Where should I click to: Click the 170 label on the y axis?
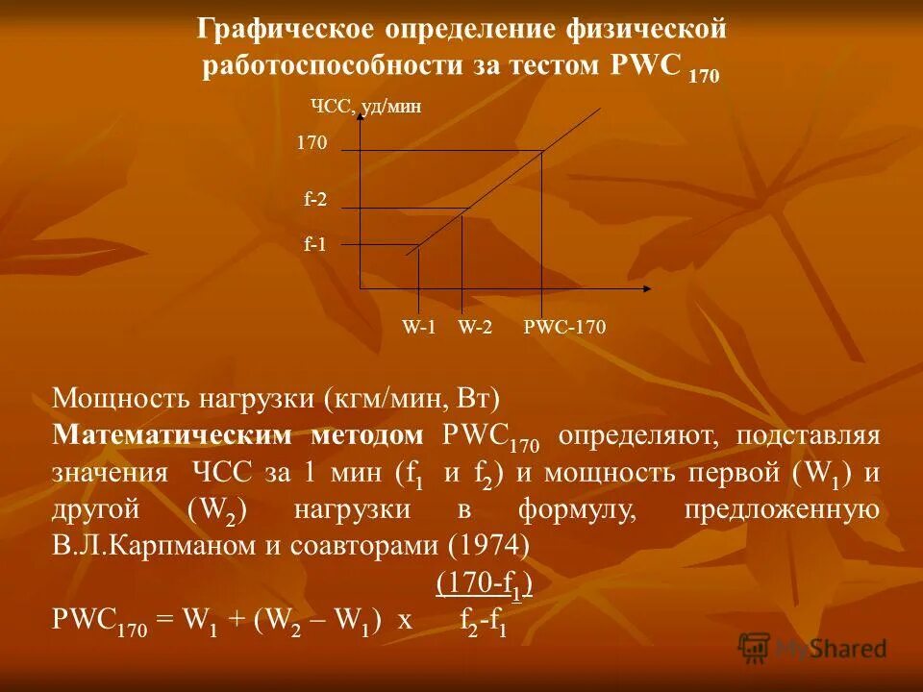[312, 143]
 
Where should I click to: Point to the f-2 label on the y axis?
[315, 200]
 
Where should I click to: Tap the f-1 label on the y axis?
[315, 245]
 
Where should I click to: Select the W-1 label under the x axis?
[419, 328]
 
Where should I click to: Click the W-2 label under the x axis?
[475, 328]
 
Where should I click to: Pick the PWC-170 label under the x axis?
[564, 328]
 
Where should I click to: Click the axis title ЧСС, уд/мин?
[366, 107]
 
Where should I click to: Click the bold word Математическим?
[172, 434]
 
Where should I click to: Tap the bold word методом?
[366, 434]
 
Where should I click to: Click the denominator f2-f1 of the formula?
[484, 624]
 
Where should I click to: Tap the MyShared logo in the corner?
[812, 649]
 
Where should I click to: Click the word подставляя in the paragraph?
[808, 434]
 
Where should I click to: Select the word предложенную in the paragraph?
[782, 509]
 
